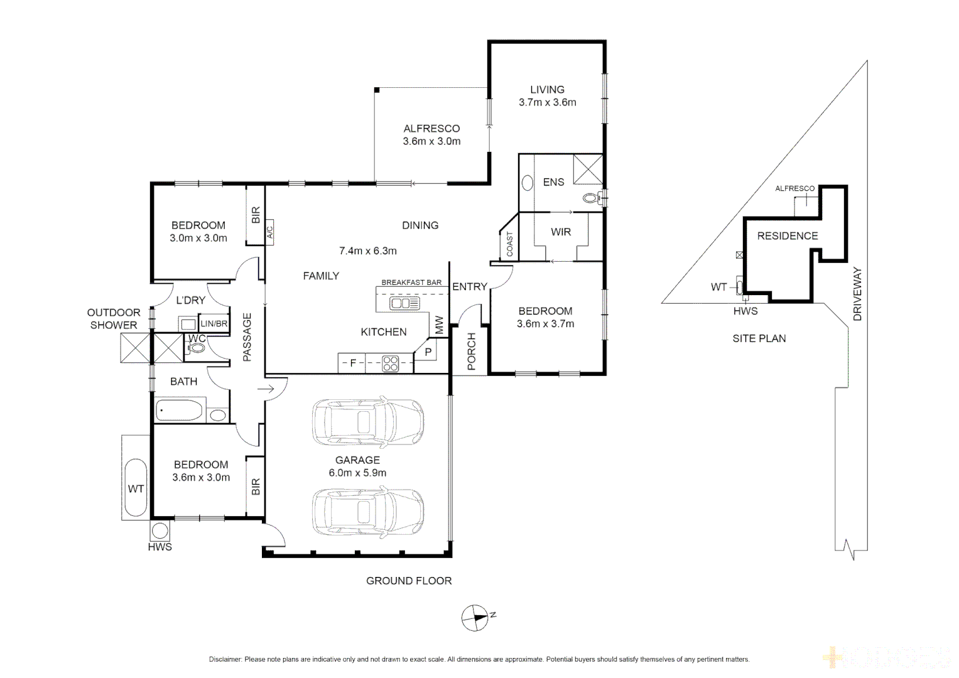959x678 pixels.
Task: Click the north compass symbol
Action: [475, 618]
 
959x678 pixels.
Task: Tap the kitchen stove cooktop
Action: [391, 363]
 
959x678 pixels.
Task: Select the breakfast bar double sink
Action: [404, 304]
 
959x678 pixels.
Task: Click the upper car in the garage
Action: [368, 421]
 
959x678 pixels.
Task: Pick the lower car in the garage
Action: [368, 512]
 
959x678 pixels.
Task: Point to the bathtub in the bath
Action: [180, 411]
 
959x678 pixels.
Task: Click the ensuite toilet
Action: [590, 198]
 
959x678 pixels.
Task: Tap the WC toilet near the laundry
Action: [197, 348]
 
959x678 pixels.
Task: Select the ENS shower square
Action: [588, 169]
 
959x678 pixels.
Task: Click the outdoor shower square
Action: [136, 348]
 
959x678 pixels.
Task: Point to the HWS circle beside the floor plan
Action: [160, 531]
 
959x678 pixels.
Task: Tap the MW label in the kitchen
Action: [439, 325]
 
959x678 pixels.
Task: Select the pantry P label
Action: [428, 352]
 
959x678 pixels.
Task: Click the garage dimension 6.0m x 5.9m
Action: [357, 473]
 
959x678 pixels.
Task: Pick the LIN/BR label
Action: [214, 324]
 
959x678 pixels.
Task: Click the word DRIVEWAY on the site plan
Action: [857, 294]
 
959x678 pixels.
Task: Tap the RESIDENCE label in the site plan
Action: [788, 236]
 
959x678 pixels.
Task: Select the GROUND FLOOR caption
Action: [409, 581]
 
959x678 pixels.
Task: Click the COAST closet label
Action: [509, 244]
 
